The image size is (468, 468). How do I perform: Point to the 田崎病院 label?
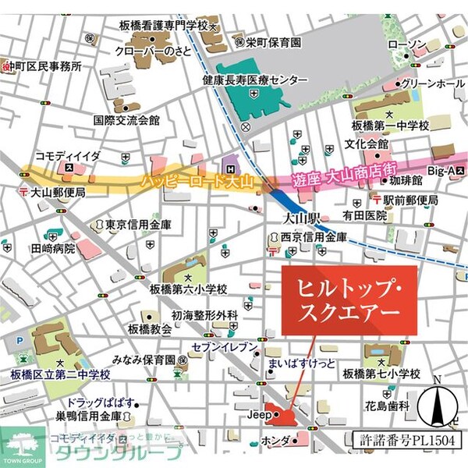coord(53,249)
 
